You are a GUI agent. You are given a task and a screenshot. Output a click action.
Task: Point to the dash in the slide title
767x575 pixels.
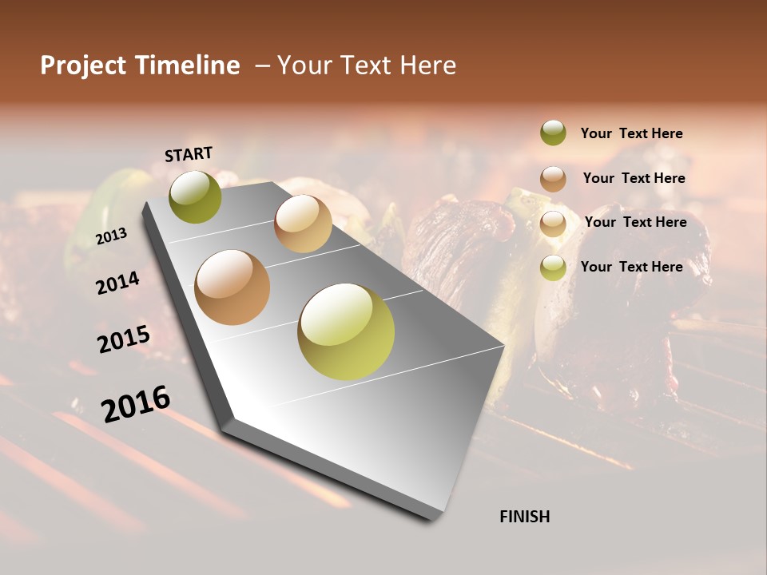[x=261, y=65]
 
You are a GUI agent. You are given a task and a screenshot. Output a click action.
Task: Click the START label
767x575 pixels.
[x=189, y=154]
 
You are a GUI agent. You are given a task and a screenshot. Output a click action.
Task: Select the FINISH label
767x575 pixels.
[x=524, y=517]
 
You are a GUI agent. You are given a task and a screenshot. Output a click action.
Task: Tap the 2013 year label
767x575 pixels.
[x=111, y=236]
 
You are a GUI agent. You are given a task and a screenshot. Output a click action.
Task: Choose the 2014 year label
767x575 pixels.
[x=117, y=284]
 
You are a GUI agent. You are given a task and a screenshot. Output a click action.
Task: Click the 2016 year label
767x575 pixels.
[x=136, y=404]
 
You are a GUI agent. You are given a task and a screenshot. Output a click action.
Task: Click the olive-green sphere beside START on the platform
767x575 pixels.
[x=195, y=197]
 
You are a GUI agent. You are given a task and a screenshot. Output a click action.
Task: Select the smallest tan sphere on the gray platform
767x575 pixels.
[x=303, y=224]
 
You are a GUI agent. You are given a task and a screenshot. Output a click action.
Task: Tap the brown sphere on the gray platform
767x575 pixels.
[x=232, y=287]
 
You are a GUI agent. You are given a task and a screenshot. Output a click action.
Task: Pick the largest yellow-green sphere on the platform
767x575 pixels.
[x=346, y=331]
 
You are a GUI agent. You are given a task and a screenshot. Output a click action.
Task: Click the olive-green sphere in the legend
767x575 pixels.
[x=553, y=133]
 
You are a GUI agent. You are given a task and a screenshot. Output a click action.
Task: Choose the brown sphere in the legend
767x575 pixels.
[x=553, y=179]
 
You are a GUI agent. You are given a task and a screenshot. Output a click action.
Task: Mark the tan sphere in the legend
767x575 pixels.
[x=553, y=224]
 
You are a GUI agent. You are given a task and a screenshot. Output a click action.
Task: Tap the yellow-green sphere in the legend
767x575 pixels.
[x=553, y=268]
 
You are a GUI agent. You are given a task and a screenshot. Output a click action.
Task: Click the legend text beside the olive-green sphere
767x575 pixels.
[x=631, y=133]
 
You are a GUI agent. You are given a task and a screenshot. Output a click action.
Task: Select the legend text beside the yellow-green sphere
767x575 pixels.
[x=631, y=267]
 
